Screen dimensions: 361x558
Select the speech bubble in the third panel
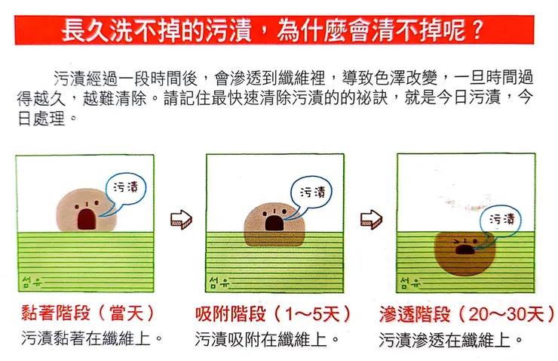click(504, 219)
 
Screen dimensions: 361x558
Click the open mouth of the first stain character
click(87, 218)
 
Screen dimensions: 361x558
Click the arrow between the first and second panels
click(182, 220)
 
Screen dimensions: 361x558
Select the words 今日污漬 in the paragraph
click(477, 99)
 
